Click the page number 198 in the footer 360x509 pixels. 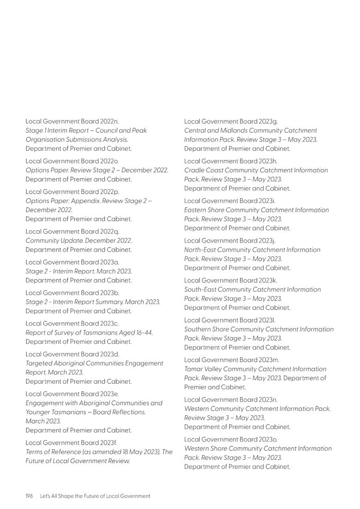(x=29, y=496)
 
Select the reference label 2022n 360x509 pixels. (x=109, y=122)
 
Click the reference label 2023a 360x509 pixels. (x=109, y=262)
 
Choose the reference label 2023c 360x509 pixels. (x=109, y=324)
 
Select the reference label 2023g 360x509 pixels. (x=268, y=122)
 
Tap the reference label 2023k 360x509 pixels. (x=268, y=281)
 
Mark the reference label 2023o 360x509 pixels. (x=268, y=440)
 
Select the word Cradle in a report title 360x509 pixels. (x=195, y=171)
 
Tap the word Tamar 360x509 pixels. (x=193, y=369)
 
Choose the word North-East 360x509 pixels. (x=200, y=250)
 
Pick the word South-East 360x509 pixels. (x=200, y=290)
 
